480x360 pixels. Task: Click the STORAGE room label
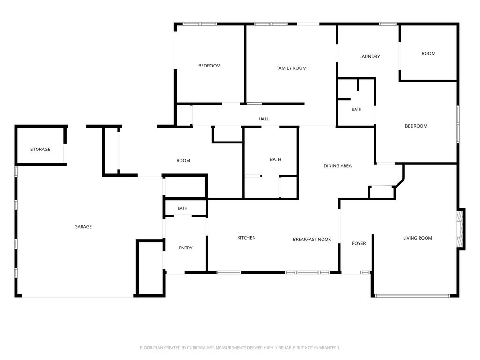40,150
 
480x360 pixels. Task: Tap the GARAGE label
83,227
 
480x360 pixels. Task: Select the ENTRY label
186,248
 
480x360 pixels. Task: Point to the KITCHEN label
247,238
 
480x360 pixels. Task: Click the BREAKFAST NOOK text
312,240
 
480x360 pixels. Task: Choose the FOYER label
359,243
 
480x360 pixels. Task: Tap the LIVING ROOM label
418,238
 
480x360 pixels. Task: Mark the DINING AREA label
337,166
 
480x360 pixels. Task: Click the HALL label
264,119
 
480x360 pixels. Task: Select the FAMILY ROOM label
291,68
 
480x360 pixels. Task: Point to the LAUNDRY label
369,56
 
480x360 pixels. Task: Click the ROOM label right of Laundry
428,53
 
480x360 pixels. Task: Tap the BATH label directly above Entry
182,208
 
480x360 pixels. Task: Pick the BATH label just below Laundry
357,109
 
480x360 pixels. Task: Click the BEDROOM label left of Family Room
210,66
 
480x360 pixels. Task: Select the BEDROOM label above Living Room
416,126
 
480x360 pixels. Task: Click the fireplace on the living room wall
461,229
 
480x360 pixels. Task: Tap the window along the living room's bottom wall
412,296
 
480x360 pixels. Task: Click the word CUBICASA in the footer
201,348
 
